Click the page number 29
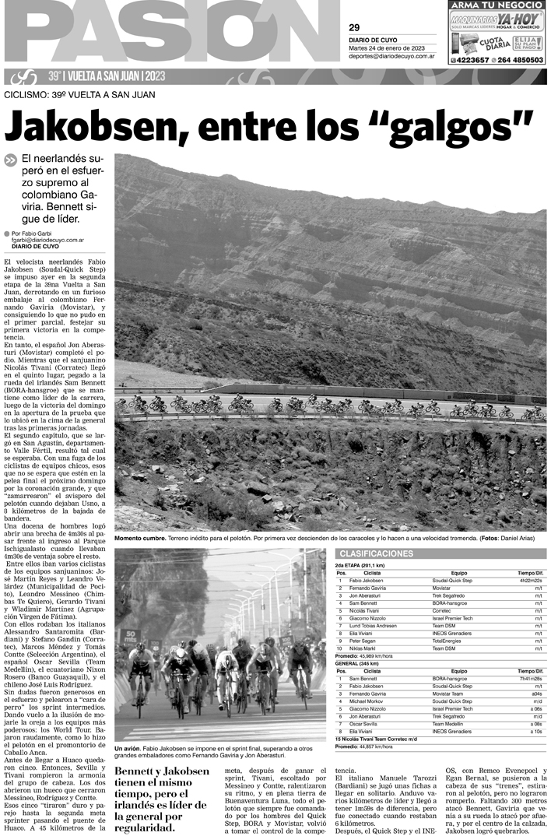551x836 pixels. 354,28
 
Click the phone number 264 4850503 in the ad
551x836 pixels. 518,60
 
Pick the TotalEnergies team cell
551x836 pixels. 447,641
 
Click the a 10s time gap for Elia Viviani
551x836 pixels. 536,732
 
